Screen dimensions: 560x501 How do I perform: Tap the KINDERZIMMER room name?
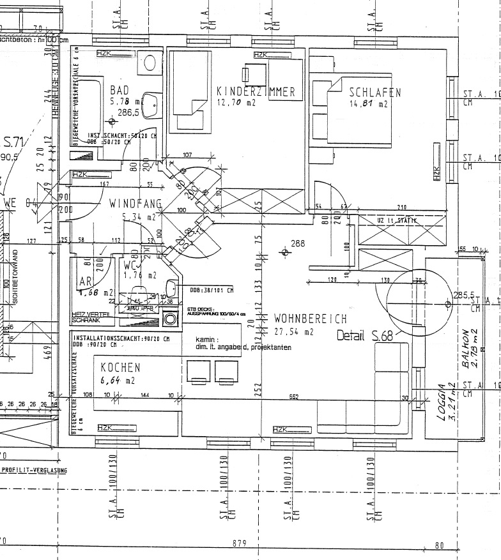[256, 92]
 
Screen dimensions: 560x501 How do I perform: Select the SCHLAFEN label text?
[375, 93]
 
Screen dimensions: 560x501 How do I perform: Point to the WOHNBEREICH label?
[310, 318]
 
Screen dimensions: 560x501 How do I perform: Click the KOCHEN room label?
[120, 368]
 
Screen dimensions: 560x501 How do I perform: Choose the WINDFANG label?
[134, 204]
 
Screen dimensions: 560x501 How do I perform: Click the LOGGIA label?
[441, 402]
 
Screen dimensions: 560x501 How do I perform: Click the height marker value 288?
[298, 243]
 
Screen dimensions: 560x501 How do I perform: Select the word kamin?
[207, 340]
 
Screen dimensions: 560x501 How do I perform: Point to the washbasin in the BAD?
[152, 104]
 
